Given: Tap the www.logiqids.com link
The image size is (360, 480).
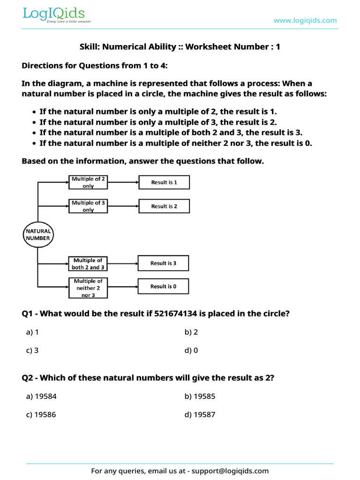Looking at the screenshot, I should tap(305, 20).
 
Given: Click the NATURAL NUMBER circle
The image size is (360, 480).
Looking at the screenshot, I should tap(38, 235).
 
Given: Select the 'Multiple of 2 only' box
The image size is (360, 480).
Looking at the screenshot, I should tap(88, 182).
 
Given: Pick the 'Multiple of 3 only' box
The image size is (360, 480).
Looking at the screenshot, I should tap(88, 206).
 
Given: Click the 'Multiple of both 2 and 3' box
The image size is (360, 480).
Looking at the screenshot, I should tap(88, 263).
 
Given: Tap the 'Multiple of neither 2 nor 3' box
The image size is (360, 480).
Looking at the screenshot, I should tap(88, 288).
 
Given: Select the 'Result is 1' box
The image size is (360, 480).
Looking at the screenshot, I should tap(164, 182).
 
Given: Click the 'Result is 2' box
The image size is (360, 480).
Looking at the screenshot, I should tap(164, 206).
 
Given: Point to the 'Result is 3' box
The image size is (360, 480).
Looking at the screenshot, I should tap(163, 263).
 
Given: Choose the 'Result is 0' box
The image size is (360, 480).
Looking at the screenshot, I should tap(163, 286).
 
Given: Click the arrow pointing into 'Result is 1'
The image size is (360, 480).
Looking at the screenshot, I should tap(123, 182).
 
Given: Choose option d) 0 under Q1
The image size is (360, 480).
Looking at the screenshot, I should tap(191, 350).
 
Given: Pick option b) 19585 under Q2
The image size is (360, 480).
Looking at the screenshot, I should tap(200, 397).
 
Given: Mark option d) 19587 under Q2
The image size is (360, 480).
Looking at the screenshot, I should tap(200, 415).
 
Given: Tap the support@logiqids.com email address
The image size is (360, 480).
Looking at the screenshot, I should tap(230, 471).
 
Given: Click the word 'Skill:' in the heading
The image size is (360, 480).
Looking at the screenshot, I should tap(90, 47).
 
